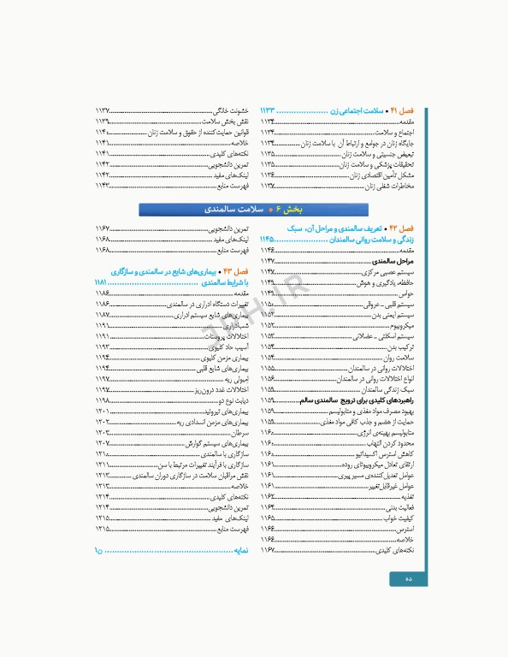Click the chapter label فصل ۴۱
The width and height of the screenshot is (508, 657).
pos(402,111)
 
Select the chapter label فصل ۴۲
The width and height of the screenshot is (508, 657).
pos(401,229)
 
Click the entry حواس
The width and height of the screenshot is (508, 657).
pos(406,293)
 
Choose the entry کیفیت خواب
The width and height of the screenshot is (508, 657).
pos(397,518)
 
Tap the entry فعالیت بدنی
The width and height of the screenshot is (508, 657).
pos(398,507)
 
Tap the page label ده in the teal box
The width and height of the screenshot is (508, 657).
pos(408,579)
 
